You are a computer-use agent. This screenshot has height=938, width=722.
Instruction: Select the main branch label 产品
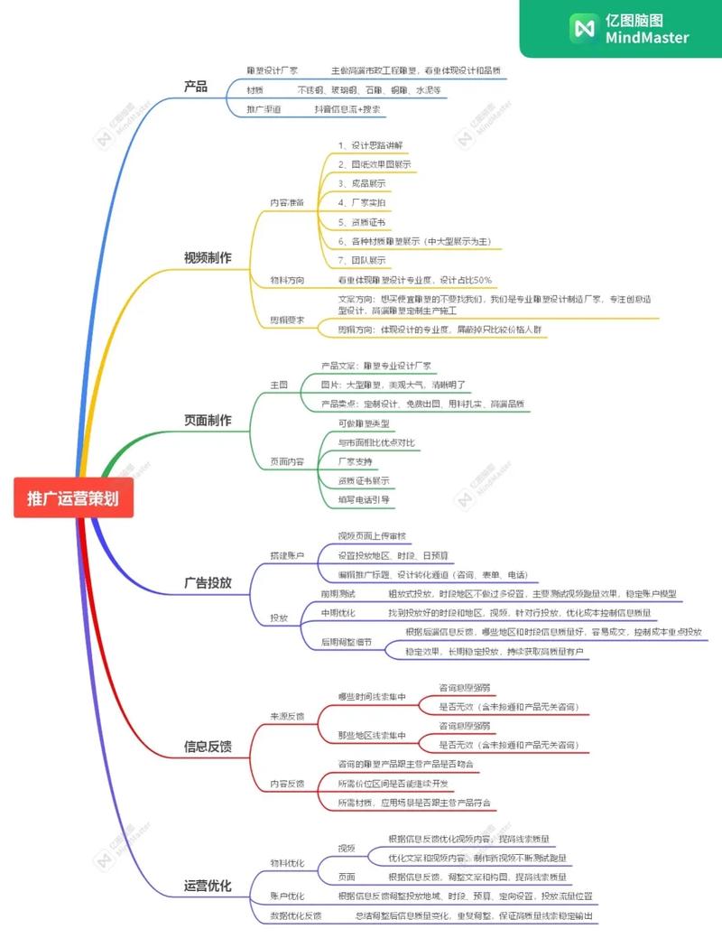(x=196, y=87)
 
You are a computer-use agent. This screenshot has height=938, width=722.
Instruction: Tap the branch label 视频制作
(x=208, y=257)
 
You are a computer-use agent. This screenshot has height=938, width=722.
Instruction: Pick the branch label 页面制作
(x=208, y=420)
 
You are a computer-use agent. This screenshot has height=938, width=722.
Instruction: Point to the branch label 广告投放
(x=208, y=582)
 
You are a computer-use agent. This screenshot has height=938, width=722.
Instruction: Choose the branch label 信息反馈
(x=208, y=746)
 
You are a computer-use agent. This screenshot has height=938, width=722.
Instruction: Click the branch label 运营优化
(x=208, y=886)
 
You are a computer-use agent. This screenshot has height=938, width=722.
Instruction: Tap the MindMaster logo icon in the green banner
(x=583, y=29)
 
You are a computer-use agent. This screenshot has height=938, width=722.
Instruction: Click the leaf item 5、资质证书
(x=362, y=222)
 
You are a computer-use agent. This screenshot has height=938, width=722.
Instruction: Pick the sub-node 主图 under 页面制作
(x=279, y=385)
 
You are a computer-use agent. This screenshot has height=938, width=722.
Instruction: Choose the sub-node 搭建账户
(x=287, y=553)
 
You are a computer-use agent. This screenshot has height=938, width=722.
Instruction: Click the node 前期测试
(x=338, y=594)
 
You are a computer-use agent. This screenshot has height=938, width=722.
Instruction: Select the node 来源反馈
(x=287, y=716)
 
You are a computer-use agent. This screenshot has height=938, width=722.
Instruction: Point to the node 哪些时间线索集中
(x=372, y=696)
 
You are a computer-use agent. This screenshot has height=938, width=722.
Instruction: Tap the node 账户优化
(x=287, y=896)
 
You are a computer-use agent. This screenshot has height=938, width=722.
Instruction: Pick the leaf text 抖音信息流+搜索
(x=347, y=109)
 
